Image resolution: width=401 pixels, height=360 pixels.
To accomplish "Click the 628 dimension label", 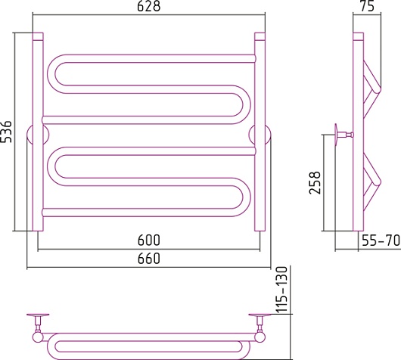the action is pyautogui.click(x=148, y=6).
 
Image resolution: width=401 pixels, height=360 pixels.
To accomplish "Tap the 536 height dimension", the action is pyautogui.click(x=5, y=132).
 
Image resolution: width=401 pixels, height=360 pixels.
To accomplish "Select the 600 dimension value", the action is pyautogui.click(x=148, y=240).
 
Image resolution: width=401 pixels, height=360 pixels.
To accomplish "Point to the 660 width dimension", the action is pyautogui.click(x=148, y=258).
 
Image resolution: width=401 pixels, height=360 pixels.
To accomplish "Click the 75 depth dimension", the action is pyautogui.click(x=367, y=6).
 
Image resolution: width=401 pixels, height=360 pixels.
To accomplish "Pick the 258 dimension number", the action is pyautogui.click(x=315, y=183).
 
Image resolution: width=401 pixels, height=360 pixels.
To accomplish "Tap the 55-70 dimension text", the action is pyautogui.click(x=381, y=241).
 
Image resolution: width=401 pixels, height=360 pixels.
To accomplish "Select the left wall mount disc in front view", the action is pyautogui.click(x=38, y=135).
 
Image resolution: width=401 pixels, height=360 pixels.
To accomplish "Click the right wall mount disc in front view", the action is pyautogui.click(x=260, y=135).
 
